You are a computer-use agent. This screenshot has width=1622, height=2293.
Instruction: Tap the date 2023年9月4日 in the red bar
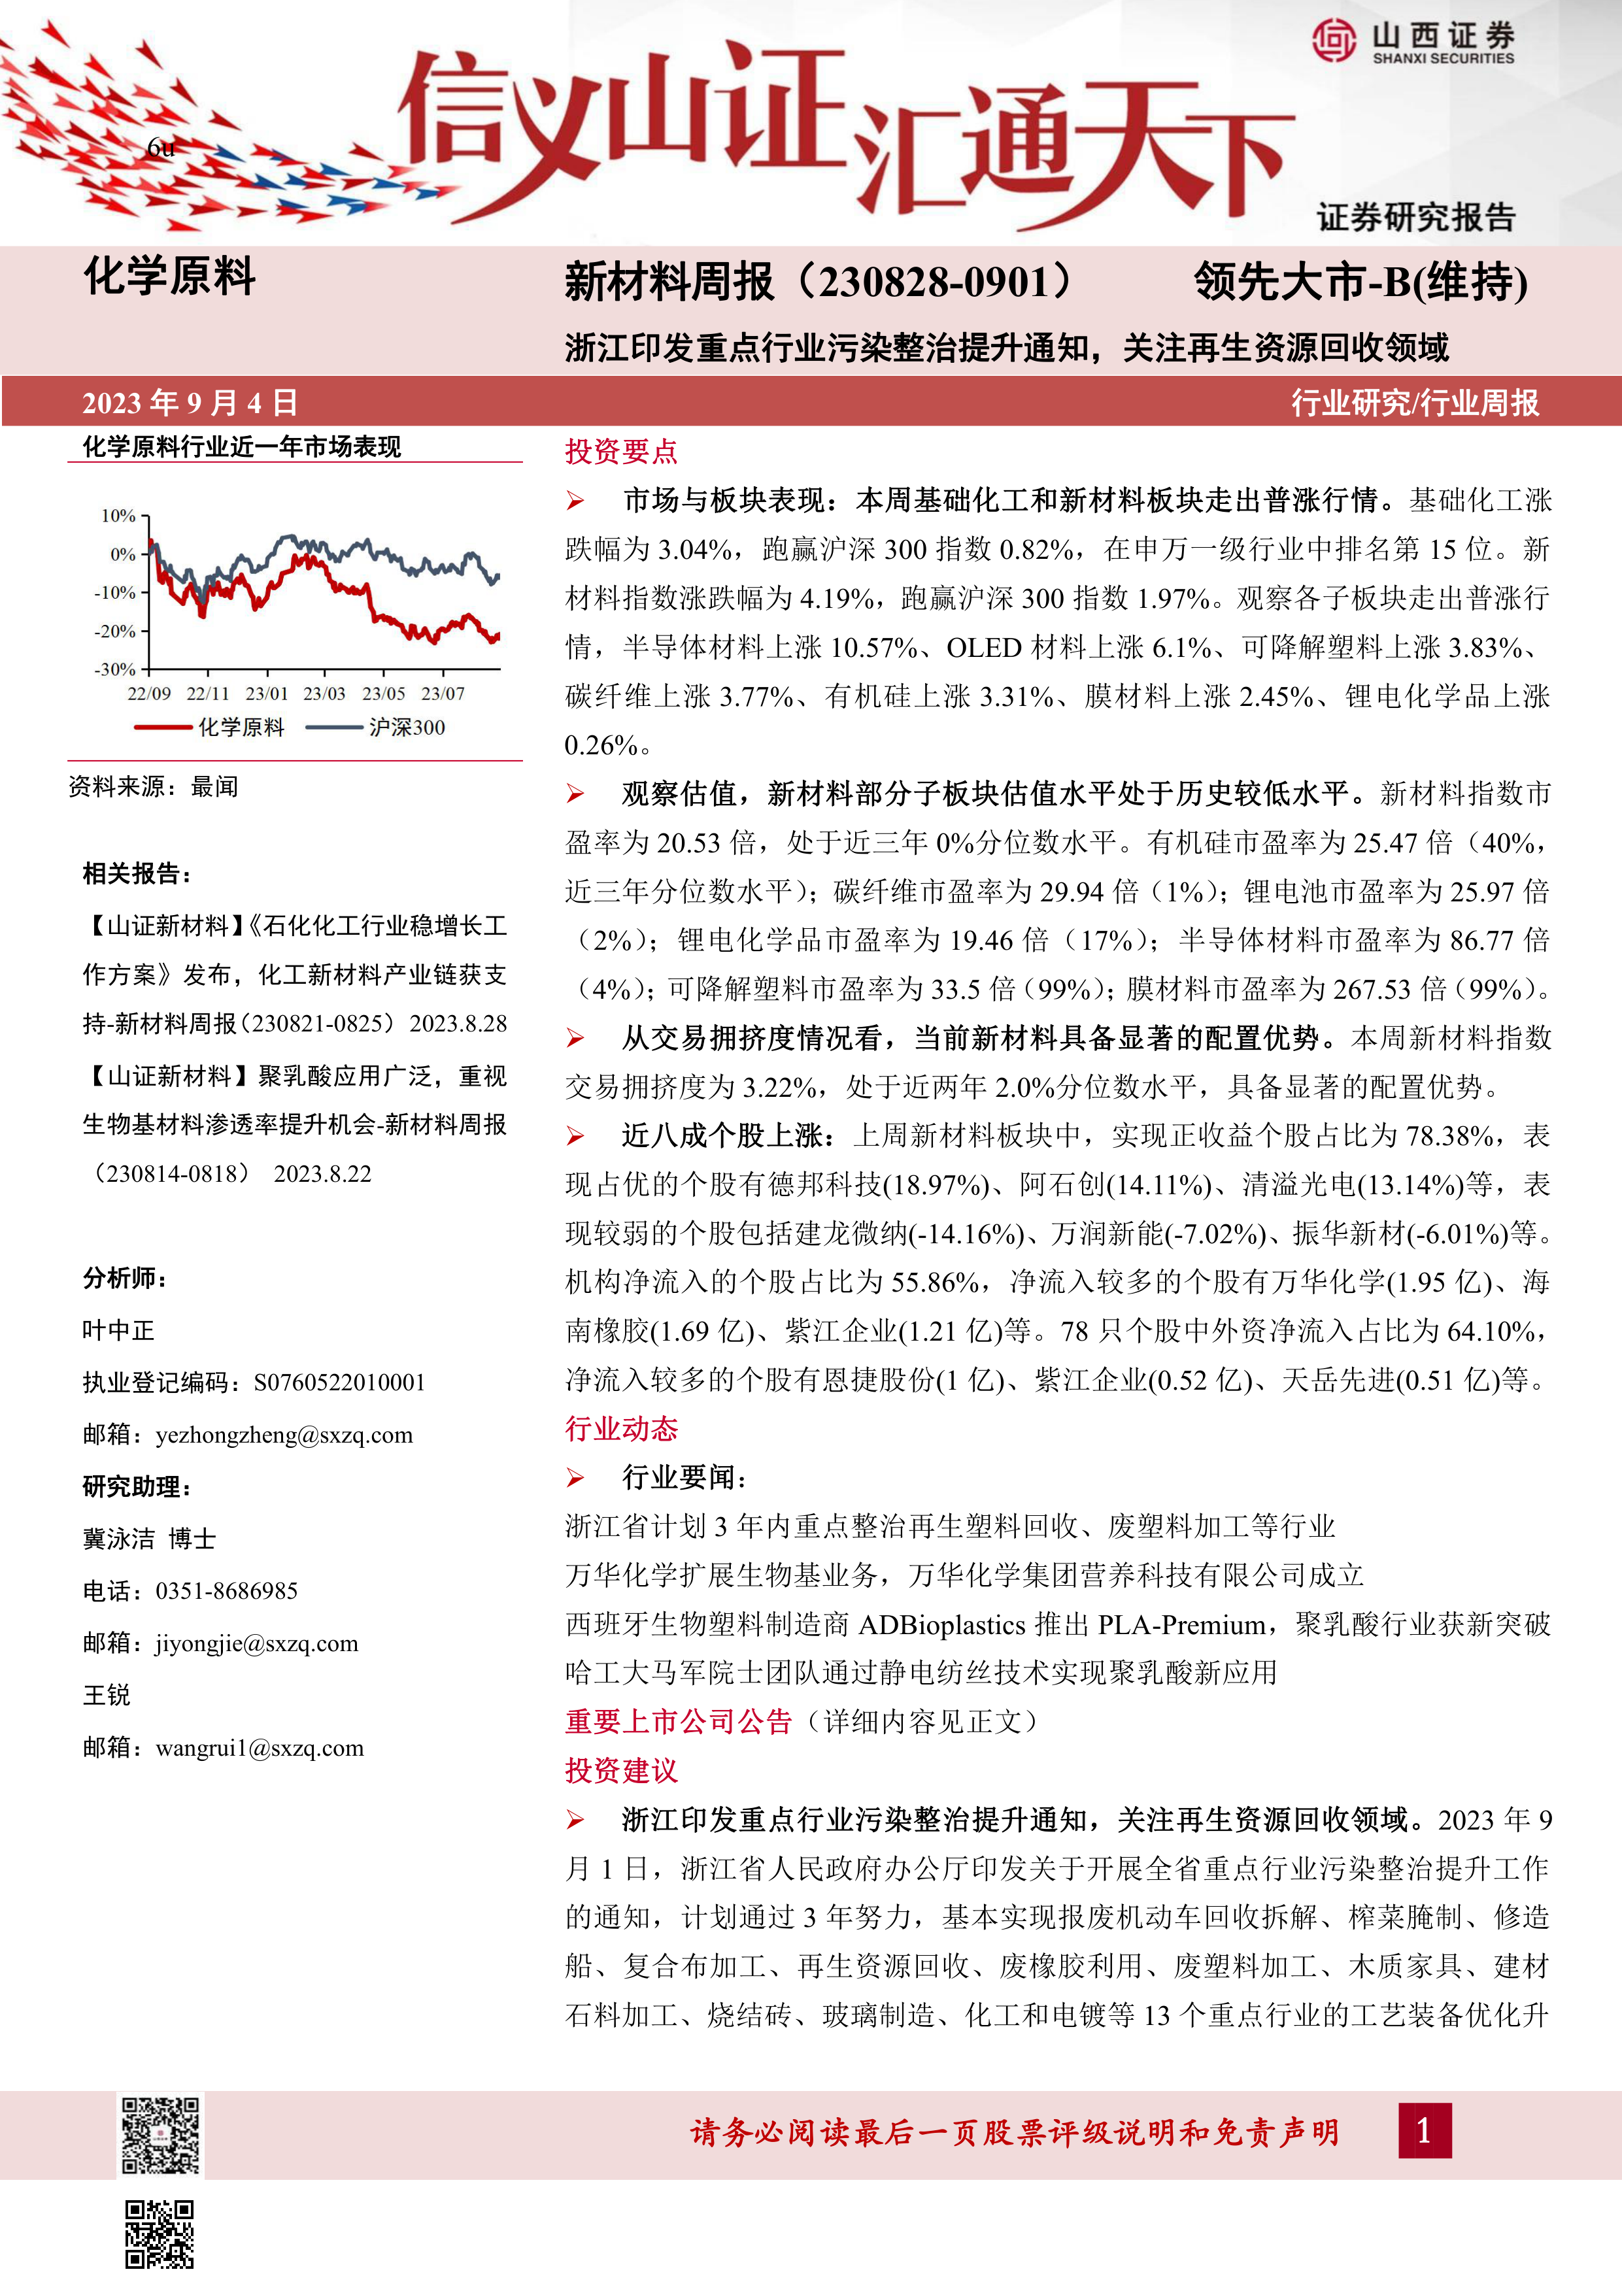click(190, 403)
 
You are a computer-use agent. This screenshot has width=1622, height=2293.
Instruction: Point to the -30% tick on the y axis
click(116, 669)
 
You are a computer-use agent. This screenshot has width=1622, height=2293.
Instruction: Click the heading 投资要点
click(621, 452)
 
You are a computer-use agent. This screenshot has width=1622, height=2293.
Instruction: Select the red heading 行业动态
click(621, 1429)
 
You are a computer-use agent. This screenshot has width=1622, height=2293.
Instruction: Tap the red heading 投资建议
click(621, 1771)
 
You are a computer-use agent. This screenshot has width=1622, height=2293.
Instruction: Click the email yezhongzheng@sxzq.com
click(284, 1435)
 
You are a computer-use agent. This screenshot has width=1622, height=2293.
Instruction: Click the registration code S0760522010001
click(339, 1383)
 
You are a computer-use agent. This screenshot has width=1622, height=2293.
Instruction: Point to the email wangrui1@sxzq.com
click(260, 1748)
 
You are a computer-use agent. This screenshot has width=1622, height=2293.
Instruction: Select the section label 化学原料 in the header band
click(170, 276)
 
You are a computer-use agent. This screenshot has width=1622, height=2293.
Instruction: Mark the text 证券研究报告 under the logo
click(1415, 217)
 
